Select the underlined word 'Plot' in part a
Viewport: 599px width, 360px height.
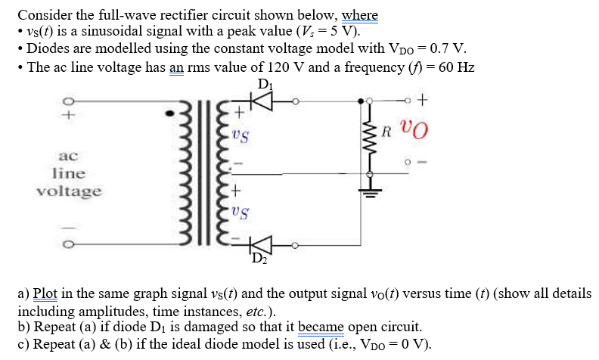tap(46, 293)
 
